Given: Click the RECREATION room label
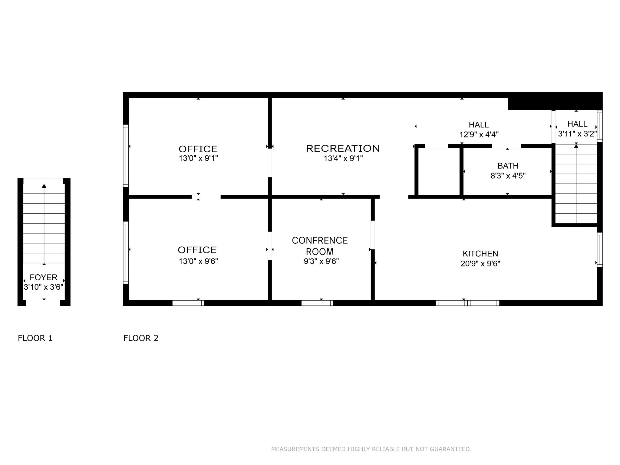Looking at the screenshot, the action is point(343,148).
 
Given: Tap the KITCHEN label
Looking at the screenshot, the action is point(480,254).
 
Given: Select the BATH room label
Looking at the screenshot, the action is point(508,166).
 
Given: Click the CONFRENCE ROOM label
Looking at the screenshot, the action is point(320,246).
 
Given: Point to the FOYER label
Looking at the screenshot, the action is point(44,277).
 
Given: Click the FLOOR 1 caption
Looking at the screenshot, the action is point(35,338).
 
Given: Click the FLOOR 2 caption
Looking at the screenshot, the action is point(141,338).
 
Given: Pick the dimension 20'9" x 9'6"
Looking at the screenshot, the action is point(480,264).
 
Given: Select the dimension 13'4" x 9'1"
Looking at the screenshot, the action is point(343,158).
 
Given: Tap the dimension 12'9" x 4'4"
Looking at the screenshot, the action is point(479,134).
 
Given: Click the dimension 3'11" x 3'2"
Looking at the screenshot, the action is point(577,134).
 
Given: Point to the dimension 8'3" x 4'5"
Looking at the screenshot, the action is point(508,176).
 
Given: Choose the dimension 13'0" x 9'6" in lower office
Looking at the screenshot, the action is point(198,261).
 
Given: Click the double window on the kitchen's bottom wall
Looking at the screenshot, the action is point(467,303).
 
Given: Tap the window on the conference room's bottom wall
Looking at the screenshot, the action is point(317,303).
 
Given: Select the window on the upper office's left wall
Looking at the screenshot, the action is point(126,156).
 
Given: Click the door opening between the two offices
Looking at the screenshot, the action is point(206,197).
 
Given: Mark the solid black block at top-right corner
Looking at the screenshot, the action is point(555,101).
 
